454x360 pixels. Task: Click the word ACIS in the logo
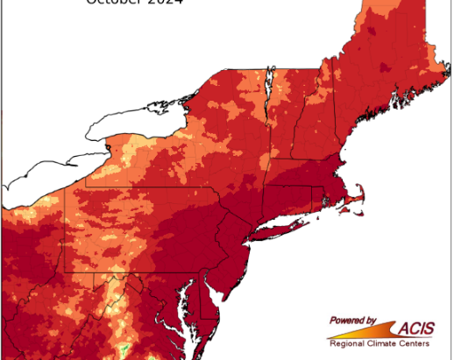pos(419,328)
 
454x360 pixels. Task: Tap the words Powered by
pos(353,321)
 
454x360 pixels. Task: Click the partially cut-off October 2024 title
pos(134,3)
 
